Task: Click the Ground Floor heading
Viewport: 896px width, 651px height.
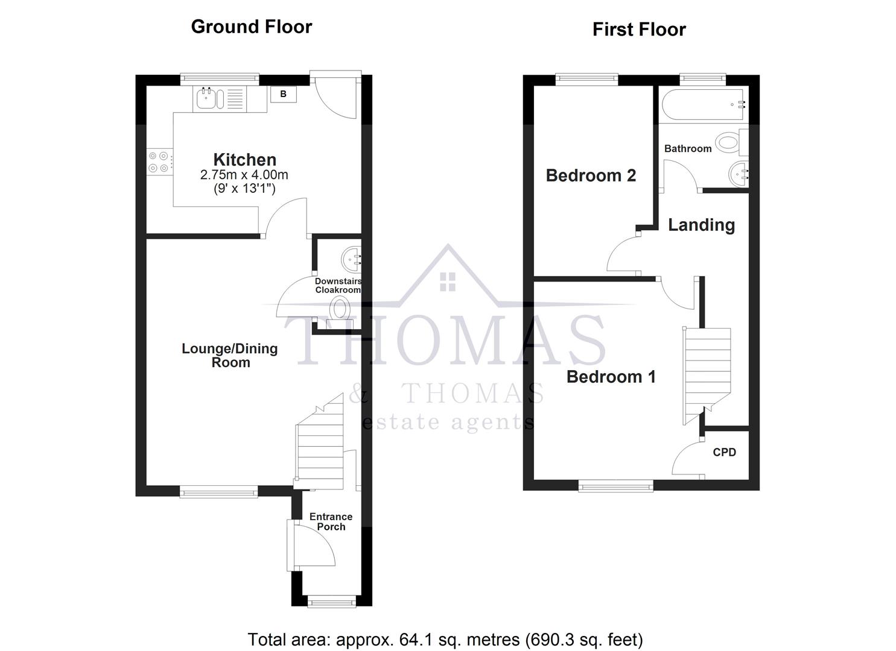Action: click(x=251, y=27)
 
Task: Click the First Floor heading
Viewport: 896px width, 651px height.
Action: click(x=639, y=30)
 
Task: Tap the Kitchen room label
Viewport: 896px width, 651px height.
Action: click(x=245, y=160)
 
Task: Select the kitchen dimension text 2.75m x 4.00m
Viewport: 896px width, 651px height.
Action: click(x=244, y=175)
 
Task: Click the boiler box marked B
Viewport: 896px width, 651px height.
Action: click(x=283, y=94)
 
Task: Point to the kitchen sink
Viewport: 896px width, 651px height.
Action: click(x=206, y=99)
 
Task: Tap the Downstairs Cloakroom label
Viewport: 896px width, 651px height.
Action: click(x=338, y=286)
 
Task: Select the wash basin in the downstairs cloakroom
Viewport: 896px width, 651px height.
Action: click(x=352, y=259)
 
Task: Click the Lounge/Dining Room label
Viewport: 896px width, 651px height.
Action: click(x=230, y=355)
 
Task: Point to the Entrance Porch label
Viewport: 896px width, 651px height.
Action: click(x=331, y=521)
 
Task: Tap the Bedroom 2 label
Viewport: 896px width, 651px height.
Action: click(x=591, y=175)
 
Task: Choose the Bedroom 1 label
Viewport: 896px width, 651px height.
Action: click(x=611, y=377)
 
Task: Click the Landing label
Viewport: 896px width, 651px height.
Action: click(x=701, y=225)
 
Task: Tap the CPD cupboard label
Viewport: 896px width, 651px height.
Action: click(x=724, y=452)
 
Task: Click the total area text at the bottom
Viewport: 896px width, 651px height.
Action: click(x=445, y=639)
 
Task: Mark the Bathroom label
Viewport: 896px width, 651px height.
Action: click(x=688, y=148)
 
